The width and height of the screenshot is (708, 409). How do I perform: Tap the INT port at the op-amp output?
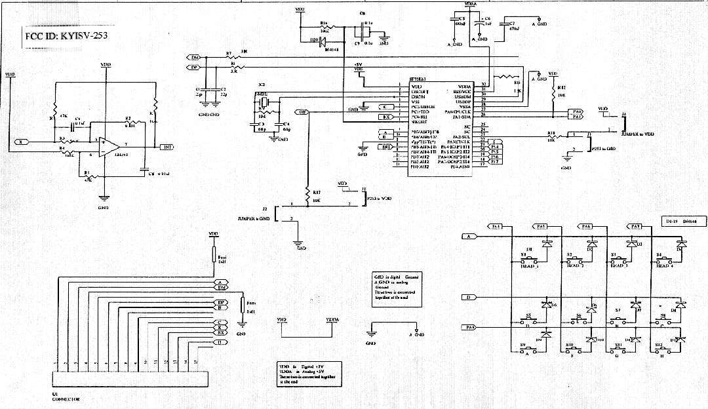coord(167,147)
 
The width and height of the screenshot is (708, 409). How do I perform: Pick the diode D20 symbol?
coord(323,41)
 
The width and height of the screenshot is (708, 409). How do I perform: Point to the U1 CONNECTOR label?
coord(68,397)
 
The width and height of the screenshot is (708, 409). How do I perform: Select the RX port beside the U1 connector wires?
coord(222,333)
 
